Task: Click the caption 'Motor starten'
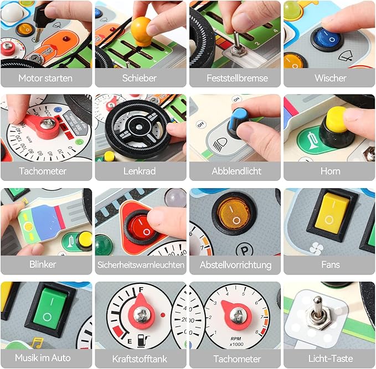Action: (x=45, y=78)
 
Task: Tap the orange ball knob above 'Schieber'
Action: (x=141, y=32)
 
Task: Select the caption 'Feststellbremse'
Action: (x=237, y=78)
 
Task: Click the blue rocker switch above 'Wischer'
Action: (x=326, y=38)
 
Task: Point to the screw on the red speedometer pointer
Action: (x=48, y=123)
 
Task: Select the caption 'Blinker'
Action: (x=43, y=264)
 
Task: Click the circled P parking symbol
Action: (x=244, y=250)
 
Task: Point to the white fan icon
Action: (x=317, y=248)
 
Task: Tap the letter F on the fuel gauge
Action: (x=141, y=289)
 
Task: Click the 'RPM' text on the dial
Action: (x=236, y=339)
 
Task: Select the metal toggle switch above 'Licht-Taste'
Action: (x=318, y=312)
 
